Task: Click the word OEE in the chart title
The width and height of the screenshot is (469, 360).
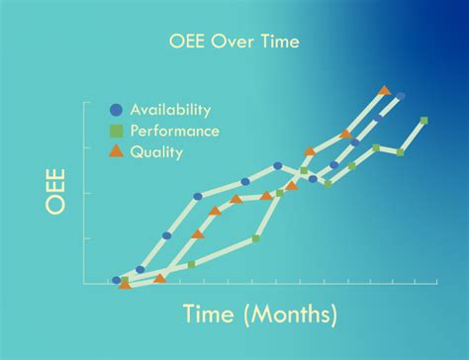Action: pos(189,42)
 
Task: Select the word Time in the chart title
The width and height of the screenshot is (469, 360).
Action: pos(275,42)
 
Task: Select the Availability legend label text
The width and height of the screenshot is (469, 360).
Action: pos(171,110)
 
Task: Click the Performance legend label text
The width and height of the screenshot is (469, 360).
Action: pos(175,131)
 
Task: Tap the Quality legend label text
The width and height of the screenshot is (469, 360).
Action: pos(157,151)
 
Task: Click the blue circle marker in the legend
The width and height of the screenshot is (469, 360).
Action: pos(116,110)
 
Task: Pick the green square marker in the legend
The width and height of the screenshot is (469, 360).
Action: pos(116,131)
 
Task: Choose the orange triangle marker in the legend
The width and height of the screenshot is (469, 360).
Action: pos(116,151)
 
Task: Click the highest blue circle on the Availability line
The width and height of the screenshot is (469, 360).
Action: pos(401,97)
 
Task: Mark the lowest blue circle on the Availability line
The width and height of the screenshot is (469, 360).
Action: pos(117,281)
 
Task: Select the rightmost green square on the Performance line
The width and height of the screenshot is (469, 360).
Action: pos(424,121)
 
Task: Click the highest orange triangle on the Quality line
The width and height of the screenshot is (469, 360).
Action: pos(384,90)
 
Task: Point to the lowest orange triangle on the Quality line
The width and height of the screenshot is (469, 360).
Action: pos(125,284)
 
